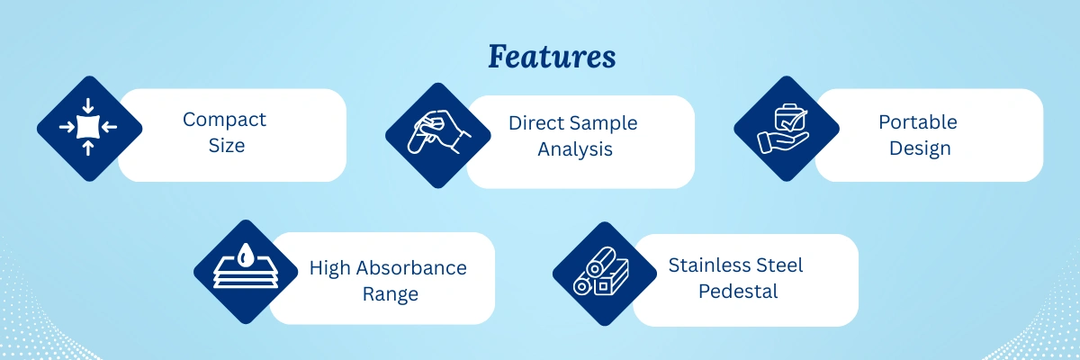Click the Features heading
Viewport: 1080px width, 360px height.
click(x=552, y=58)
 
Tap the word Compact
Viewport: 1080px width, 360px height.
click(x=224, y=120)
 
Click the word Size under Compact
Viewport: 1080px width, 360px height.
click(x=226, y=145)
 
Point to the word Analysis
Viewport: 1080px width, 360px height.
click(x=575, y=149)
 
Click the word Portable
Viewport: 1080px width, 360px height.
click(x=918, y=121)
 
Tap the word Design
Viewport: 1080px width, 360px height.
click(x=920, y=148)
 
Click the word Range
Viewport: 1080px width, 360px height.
click(x=388, y=294)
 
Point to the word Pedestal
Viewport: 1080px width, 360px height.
click(x=735, y=292)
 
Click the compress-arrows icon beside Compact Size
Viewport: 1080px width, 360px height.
click(x=88, y=127)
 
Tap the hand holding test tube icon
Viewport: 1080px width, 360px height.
click(x=438, y=136)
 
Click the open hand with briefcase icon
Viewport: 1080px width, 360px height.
click(x=785, y=129)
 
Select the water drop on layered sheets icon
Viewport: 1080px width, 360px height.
click(x=246, y=271)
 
